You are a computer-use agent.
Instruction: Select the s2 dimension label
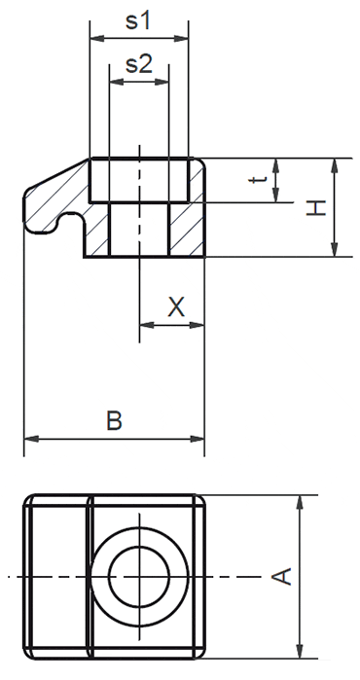click(x=138, y=65)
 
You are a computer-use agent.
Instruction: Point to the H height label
click(x=313, y=207)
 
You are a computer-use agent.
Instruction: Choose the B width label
click(x=114, y=421)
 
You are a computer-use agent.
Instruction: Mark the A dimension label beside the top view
click(x=280, y=576)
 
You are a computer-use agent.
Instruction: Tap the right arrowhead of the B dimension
click(x=198, y=439)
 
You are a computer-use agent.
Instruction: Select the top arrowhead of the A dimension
click(x=301, y=501)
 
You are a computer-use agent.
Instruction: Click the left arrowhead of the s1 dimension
click(x=95, y=40)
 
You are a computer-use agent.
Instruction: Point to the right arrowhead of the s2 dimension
click(x=163, y=83)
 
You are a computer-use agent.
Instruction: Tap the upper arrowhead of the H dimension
click(x=334, y=164)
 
